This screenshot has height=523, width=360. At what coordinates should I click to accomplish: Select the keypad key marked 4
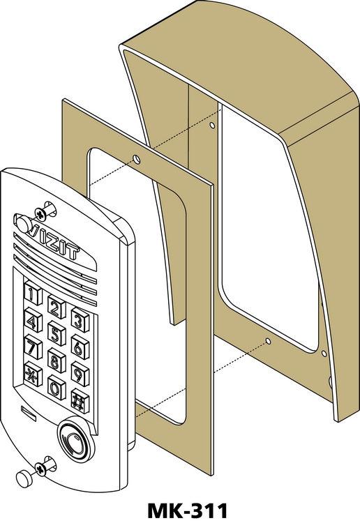click(33, 320)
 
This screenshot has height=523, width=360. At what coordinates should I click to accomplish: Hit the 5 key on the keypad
click(56, 333)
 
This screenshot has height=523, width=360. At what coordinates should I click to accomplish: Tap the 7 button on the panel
click(33, 347)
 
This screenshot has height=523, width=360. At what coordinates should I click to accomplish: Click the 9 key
click(80, 374)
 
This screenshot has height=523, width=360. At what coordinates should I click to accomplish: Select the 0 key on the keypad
click(56, 387)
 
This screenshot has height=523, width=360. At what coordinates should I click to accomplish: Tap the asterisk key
click(33, 374)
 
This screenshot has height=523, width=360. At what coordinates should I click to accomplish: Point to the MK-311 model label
click(188, 510)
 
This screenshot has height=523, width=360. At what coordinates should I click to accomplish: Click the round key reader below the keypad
click(74, 438)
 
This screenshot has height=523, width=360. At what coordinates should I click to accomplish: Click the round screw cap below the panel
click(24, 478)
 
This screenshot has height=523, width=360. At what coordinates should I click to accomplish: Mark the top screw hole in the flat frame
click(137, 159)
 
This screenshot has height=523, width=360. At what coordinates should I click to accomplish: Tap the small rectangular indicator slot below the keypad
click(29, 411)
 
